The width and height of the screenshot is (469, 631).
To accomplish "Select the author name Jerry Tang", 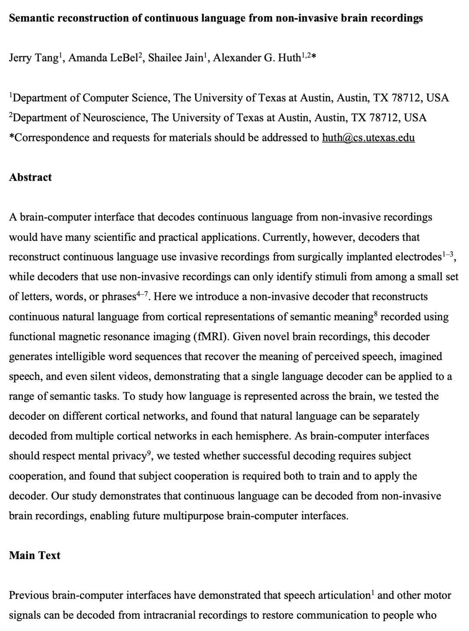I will [x=33, y=58].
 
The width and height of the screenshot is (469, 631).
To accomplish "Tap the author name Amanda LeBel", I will [x=102, y=58].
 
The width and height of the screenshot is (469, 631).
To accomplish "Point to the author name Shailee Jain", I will [x=175, y=58].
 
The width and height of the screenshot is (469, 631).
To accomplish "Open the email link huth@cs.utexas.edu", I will [x=368, y=138].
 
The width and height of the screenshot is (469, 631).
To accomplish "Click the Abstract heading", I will [x=30, y=177].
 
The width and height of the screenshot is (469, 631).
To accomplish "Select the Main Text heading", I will [x=35, y=556].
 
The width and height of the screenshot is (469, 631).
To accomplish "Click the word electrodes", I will [x=418, y=257].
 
